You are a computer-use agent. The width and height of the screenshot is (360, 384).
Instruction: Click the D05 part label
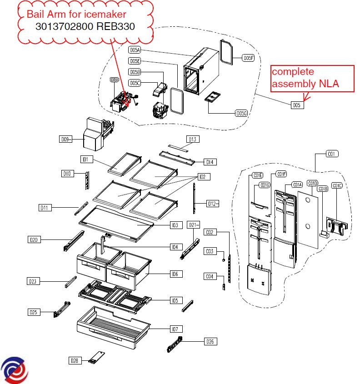tap(297, 105)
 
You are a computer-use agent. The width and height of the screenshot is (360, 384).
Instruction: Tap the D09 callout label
tap(66, 140)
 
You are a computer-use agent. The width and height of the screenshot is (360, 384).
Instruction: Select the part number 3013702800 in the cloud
tap(64, 26)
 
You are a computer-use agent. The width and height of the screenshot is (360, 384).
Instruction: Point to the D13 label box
tap(192, 139)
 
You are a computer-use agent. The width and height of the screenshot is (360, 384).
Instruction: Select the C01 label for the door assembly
tap(332, 154)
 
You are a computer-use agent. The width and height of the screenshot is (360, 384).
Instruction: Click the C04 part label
tap(210, 276)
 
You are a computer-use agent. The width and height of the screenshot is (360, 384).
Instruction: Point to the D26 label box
tap(210, 341)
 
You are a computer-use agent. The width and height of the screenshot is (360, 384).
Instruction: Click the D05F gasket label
tap(248, 58)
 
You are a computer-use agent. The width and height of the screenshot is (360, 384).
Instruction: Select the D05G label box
tap(241, 113)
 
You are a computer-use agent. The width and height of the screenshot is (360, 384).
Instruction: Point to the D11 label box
tap(45, 208)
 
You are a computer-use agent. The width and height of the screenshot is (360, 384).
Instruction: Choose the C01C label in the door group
tap(337, 185)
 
